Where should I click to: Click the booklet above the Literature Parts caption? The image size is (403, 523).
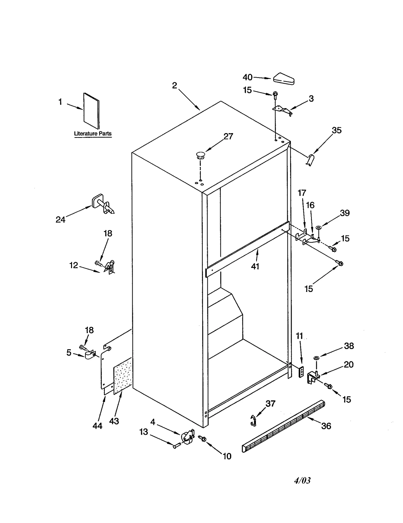(91, 111)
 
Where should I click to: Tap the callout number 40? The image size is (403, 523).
(247, 77)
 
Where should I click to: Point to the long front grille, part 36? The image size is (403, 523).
(283, 426)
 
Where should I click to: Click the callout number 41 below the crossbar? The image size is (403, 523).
(255, 266)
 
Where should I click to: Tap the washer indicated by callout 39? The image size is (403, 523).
(318, 228)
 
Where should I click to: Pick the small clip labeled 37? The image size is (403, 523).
(253, 421)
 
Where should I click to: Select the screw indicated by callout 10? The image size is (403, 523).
(203, 439)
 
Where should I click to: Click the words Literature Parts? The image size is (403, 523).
(93, 134)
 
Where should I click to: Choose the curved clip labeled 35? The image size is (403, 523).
(311, 160)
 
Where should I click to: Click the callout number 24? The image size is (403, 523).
(60, 220)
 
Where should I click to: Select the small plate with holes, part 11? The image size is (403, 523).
(301, 372)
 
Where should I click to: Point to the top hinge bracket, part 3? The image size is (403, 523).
(282, 110)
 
